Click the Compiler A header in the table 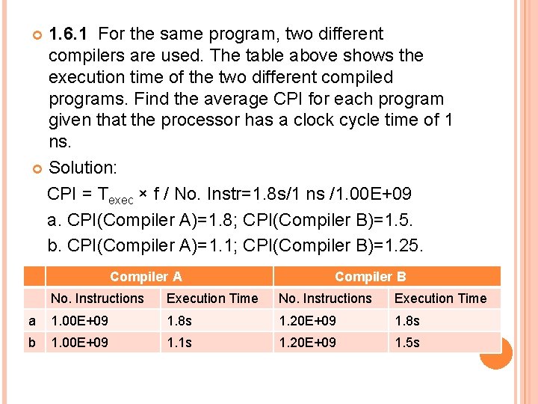click(146, 277)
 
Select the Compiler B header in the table click(371, 277)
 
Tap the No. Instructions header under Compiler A click(97, 299)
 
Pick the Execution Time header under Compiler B click(440, 299)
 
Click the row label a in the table click(32, 320)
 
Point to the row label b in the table click(32, 343)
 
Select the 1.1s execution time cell click(179, 343)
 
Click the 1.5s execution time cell click(407, 343)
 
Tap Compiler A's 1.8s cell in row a click(179, 320)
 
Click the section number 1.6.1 click(68, 34)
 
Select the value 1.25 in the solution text click(407, 245)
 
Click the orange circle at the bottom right click(495, 352)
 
